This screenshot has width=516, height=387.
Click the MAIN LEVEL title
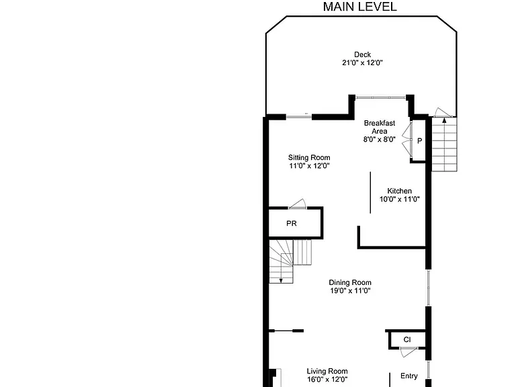click(x=359, y=7)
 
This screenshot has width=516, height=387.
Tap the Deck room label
click(x=362, y=54)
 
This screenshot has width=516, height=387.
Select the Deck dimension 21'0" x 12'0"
click(x=362, y=62)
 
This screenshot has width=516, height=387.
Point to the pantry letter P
click(x=419, y=141)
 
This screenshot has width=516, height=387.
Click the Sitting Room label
click(x=309, y=158)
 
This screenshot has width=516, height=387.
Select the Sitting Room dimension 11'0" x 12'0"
click(x=309, y=166)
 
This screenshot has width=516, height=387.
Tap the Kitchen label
click(x=399, y=191)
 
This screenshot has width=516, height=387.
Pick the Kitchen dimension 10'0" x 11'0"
click(x=400, y=199)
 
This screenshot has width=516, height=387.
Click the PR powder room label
click(x=291, y=224)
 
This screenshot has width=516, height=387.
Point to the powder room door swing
click(x=298, y=204)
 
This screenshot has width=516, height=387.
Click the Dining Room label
click(x=350, y=282)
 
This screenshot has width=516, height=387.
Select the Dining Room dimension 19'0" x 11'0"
click(x=350, y=290)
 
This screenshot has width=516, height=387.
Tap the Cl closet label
click(x=407, y=339)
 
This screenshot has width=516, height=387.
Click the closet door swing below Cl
click(x=408, y=352)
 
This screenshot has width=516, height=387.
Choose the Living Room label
click(x=327, y=371)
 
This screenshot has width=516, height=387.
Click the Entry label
click(x=409, y=376)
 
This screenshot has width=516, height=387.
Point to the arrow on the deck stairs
click(x=444, y=120)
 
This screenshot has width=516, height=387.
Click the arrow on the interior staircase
click(x=281, y=280)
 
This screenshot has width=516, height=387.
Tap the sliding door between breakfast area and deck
click(x=380, y=97)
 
